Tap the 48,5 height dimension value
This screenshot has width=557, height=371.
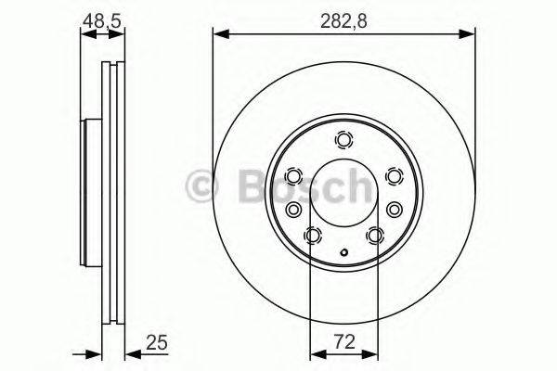(102, 19)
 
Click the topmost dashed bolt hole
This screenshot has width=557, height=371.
(344, 141)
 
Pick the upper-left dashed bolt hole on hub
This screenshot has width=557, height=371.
(294, 175)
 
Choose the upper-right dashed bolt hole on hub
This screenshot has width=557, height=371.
(394, 175)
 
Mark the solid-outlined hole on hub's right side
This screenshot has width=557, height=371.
(394, 209)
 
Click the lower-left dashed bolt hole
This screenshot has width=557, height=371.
(313, 236)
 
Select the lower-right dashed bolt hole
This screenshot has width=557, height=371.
(375, 236)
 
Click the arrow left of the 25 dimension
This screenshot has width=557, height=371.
(93, 353)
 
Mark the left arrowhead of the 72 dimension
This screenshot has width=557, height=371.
(315, 353)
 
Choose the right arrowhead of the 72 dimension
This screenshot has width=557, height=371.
(373, 353)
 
